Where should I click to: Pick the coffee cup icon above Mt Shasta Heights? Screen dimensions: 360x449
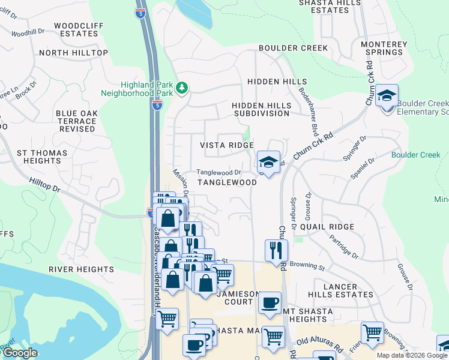point(270,302)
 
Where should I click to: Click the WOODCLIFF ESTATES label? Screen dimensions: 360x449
point(76,30)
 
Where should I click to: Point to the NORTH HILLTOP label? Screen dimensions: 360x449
point(73,53)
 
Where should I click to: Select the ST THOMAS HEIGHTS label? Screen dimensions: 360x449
point(38,157)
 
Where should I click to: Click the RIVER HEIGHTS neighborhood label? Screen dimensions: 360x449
point(81,269)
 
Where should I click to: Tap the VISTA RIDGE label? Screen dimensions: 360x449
point(227,146)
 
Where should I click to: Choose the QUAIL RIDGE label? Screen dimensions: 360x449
point(327,227)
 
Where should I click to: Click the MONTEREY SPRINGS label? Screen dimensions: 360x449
point(382,48)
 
